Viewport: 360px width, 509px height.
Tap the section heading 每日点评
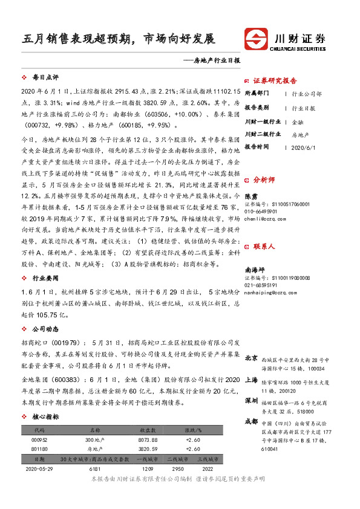click(45, 78)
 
